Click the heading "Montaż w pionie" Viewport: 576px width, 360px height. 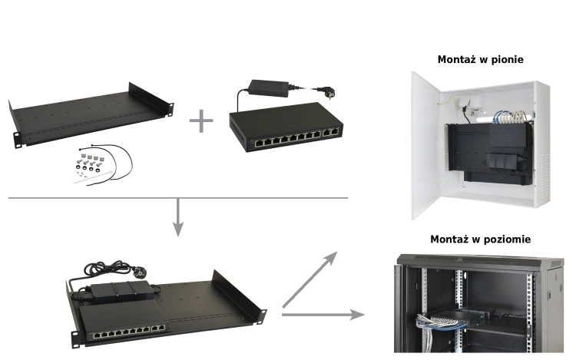(480, 59)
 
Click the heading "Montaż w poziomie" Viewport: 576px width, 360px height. (480, 239)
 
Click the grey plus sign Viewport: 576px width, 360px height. (201, 121)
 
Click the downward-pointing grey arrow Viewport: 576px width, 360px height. (178, 217)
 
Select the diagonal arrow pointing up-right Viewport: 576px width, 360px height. (310, 279)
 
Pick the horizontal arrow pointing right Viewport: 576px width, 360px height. (323, 315)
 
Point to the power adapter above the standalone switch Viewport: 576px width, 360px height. (270, 88)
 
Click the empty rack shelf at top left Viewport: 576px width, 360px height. (91, 114)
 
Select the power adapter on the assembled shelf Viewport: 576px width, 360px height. (122, 291)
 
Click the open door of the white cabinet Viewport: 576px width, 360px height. (425, 146)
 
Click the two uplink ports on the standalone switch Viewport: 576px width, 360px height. (330, 133)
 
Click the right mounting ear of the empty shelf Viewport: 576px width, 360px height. (170, 110)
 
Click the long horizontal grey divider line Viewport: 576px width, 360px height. (178, 198)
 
